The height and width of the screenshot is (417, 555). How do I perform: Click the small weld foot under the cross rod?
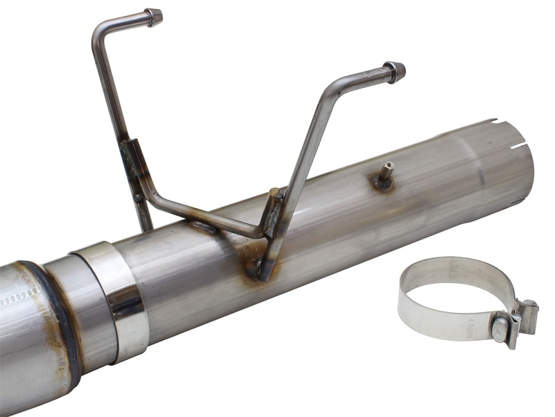click(203, 226)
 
